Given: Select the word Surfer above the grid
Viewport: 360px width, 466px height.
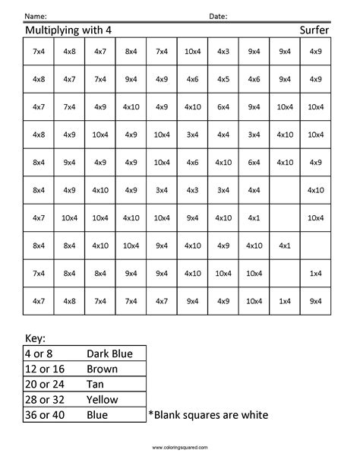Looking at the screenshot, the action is coord(314,31).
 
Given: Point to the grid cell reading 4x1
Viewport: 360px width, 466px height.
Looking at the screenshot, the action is coord(285,245).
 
